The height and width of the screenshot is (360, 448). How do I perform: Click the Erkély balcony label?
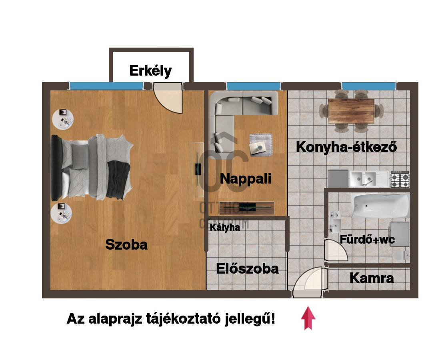(150, 71)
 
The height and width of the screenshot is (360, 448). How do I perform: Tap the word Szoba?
(126, 244)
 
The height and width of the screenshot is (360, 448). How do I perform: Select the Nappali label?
(246, 178)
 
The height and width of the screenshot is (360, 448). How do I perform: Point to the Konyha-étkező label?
(346, 147)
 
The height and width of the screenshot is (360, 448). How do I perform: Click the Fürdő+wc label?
(367, 239)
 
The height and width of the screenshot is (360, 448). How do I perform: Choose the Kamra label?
(372, 278)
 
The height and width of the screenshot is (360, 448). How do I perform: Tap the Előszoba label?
(247, 268)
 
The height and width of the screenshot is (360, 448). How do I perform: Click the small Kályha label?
(225, 228)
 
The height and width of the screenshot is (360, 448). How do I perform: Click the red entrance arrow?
(308, 318)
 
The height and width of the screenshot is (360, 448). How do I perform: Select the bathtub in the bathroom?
(380, 205)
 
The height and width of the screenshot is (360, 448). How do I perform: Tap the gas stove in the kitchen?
(400, 178)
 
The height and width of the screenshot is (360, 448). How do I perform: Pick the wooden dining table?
(351, 111)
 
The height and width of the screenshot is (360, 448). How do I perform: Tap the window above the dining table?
(368, 86)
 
